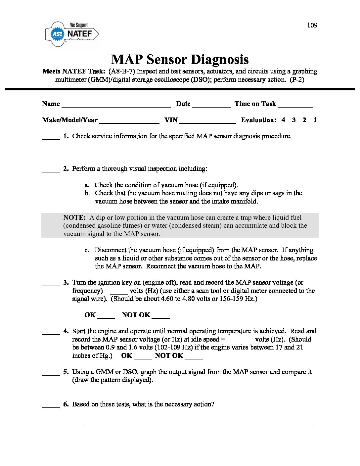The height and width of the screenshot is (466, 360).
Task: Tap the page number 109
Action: coord(312,25)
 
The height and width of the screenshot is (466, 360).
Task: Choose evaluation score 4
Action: coord(283,120)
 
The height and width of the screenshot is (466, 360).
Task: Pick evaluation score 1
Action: coord(315,120)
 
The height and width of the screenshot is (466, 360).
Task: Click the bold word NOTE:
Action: coord(74,218)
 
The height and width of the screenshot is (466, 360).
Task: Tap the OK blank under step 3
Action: coord(106,316)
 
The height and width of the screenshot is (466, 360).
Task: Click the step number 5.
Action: coord(66,372)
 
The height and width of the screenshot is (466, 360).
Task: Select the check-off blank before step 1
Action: coord(51,138)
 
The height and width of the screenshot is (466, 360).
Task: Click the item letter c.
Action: coord(87,250)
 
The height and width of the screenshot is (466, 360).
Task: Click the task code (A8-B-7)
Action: coord(121,71)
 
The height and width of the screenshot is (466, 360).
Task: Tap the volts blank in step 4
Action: coord(241,341)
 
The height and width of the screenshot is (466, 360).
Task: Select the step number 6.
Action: coord(66,404)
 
